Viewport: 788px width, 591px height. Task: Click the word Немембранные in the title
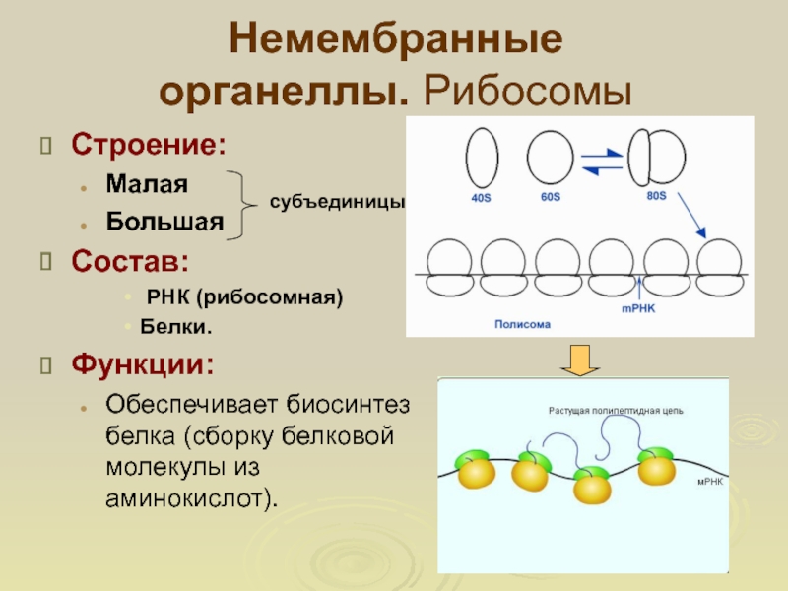pyautogui.click(x=395, y=42)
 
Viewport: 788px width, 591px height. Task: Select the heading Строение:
pyautogui.click(x=147, y=146)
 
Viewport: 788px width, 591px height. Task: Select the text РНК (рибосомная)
pyautogui.click(x=244, y=297)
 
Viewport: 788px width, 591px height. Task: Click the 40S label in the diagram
pyautogui.click(x=481, y=198)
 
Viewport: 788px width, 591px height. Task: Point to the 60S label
pyautogui.click(x=551, y=198)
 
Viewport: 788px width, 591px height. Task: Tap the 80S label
pyautogui.click(x=657, y=196)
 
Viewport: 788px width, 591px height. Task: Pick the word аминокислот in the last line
pyautogui.click(x=187, y=498)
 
